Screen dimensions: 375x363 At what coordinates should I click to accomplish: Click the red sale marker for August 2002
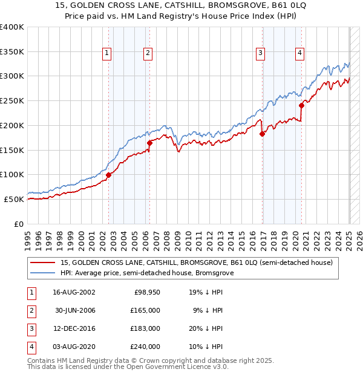point(109,175)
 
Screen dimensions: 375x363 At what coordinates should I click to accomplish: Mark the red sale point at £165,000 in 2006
point(149,143)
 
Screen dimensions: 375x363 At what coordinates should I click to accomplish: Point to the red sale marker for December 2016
point(262,134)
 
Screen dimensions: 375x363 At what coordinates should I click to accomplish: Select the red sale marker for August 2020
point(301,105)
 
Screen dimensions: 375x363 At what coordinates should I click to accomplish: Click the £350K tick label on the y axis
point(12,52)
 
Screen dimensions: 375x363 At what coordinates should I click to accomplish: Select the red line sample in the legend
point(43,262)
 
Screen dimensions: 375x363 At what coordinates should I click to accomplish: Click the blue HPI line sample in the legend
point(43,273)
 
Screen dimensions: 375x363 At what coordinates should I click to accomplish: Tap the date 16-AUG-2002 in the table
point(74,292)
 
